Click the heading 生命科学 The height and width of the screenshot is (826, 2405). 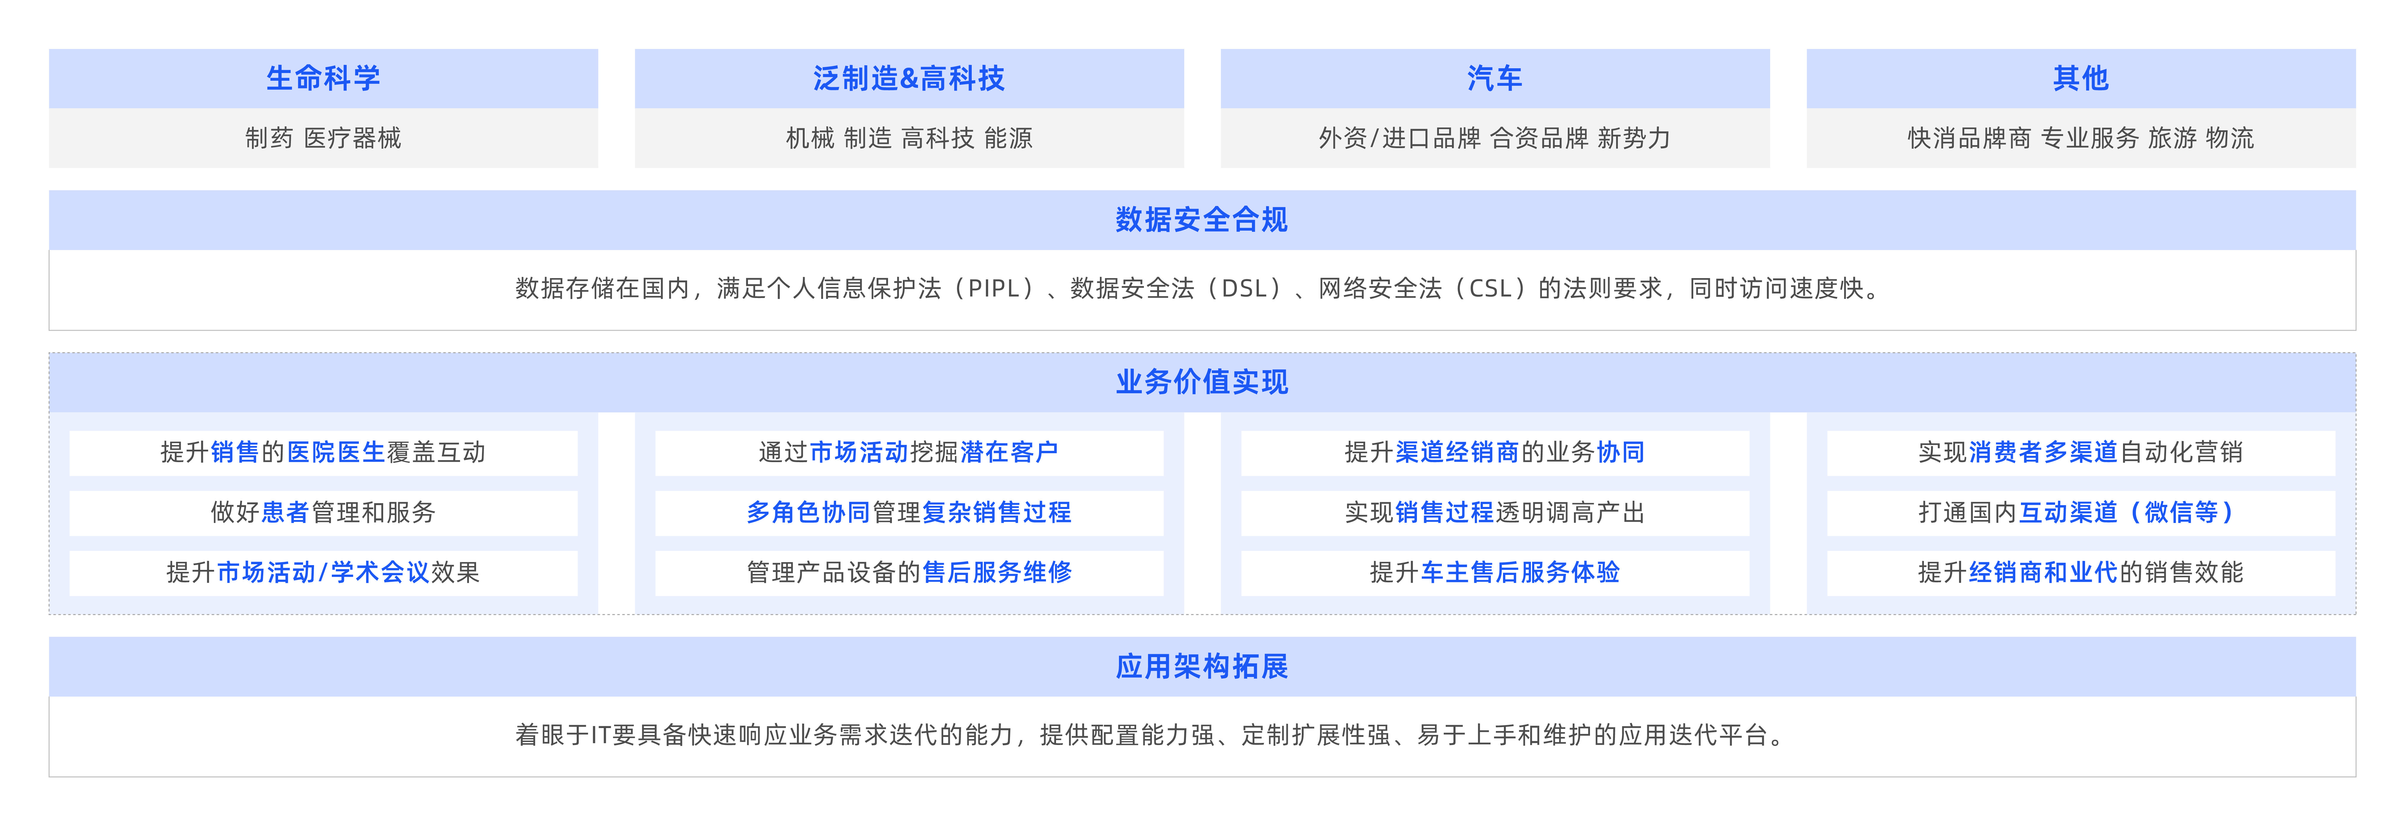[323, 78]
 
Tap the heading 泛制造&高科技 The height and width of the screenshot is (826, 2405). [909, 78]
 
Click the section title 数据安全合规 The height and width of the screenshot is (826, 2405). [1201, 220]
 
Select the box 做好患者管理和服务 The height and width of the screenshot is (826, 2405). [323, 512]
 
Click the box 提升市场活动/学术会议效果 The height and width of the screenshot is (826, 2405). [323, 572]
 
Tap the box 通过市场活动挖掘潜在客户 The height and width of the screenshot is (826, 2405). [909, 453]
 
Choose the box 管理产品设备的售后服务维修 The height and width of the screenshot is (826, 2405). [909, 572]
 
